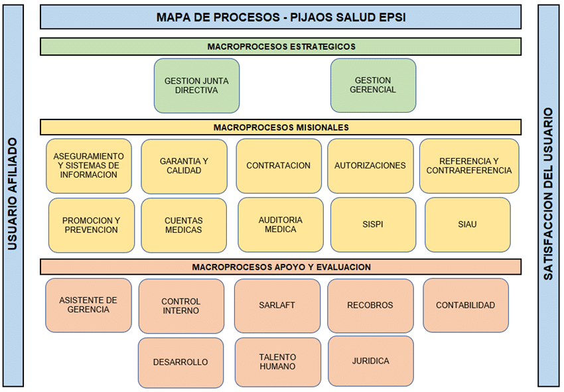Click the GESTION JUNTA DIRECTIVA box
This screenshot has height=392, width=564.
[196, 86]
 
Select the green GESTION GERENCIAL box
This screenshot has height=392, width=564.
[373, 85]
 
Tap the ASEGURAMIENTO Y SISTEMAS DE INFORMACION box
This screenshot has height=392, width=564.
[88, 166]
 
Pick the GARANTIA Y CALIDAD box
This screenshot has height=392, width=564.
[184, 166]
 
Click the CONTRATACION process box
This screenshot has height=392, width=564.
[278, 166]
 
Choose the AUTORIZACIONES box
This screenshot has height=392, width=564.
[370, 166]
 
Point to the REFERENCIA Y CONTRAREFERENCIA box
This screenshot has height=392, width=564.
[468, 166]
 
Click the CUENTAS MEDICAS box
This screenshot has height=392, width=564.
[184, 225]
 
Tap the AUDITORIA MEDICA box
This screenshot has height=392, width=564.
[280, 224]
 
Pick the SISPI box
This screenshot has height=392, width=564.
[373, 224]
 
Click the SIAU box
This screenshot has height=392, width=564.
[467, 224]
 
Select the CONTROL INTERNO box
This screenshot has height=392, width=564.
[180, 306]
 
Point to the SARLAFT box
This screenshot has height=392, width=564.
[277, 306]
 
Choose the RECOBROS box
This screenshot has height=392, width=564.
[370, 306]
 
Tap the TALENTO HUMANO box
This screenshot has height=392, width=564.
[277, 361]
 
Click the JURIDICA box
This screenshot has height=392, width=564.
[370, 361]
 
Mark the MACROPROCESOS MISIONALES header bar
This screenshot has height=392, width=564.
[281, 127]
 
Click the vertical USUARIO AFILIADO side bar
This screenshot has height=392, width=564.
[13, 196]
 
